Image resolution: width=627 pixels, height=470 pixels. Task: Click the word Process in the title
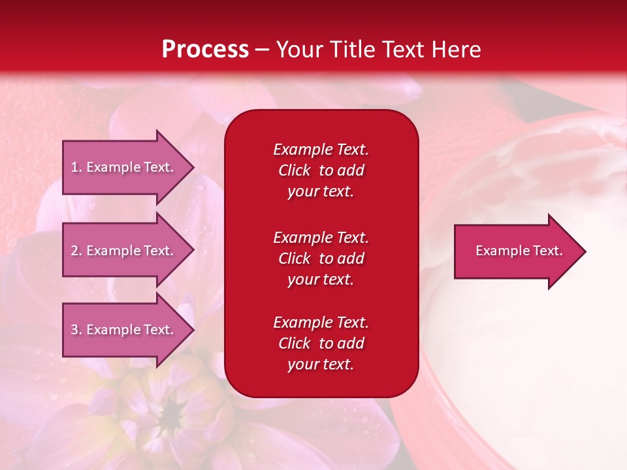click(205, 50)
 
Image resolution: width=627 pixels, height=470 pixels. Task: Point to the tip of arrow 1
click(192, 167)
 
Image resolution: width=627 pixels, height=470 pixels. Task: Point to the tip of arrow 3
click(192, 330)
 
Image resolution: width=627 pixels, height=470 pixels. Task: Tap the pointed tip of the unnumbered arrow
click(584, 251)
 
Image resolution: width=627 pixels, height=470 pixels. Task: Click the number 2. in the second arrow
click(76, 251)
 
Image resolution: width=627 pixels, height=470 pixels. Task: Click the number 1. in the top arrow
click(76, 167)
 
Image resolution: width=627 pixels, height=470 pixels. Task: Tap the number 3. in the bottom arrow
click(76, 330)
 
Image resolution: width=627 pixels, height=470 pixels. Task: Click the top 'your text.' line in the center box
click(321, 192)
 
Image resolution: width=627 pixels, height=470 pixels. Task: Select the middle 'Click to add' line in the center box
click(321, 258)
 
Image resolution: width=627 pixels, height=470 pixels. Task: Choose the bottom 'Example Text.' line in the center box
click(321, 322)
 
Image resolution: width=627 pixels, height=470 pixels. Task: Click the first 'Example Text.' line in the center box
click(321, 149)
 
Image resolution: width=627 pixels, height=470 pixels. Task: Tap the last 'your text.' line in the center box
click(321, 365)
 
